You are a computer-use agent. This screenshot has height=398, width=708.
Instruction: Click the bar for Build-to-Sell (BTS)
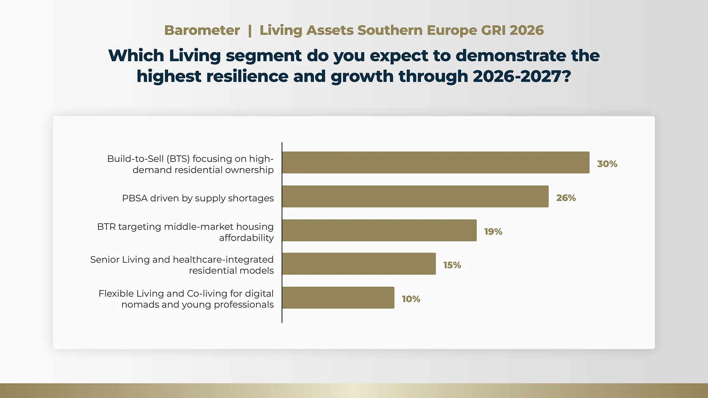tap(436, 163)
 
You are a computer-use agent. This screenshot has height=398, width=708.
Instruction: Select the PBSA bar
tap(416, 196)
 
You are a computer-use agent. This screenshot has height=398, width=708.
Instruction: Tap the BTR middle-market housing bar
tap(379, 230)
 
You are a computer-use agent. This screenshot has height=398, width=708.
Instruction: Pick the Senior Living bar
tap(359, 263)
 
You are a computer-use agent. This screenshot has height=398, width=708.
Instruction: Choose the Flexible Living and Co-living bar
tap(339, 298)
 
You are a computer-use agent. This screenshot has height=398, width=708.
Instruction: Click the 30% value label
tap(607, 164)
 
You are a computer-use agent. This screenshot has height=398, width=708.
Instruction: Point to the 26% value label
tap(566, 198)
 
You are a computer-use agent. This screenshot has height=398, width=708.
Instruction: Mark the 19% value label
tap(493, 232)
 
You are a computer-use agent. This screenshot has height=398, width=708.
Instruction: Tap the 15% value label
tap(452, 265)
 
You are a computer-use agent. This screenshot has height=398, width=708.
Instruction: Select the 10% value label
tap(411, 299)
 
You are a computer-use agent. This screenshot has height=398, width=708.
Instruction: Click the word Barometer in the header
tap(202, 30)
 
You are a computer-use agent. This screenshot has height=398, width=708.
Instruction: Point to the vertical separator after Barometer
tap(250, 31)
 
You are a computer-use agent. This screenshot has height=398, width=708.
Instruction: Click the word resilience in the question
tap(247, 77)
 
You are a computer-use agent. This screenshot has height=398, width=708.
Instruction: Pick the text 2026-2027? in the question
tap(522, 77)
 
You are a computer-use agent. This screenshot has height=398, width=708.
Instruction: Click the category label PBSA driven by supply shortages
tap(198, 198)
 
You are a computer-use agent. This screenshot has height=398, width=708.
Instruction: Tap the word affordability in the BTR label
tap(246, 238)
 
